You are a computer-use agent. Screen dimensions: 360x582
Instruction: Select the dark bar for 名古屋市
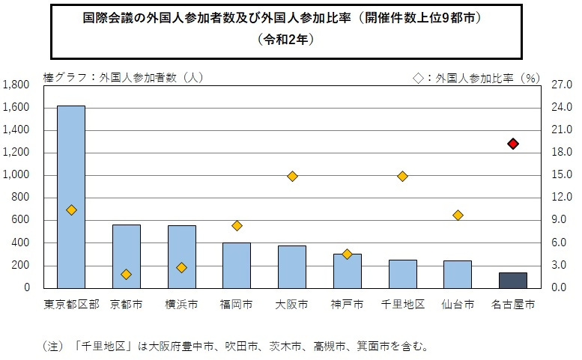(x=512, y=280)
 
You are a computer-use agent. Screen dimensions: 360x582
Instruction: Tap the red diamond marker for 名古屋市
(x=513, y=144)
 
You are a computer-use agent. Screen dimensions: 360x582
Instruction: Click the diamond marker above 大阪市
(x=292, y=176)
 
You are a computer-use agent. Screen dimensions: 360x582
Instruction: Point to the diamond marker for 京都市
(x=126, y=275)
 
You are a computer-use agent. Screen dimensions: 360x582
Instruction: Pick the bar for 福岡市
(x=237, y=265)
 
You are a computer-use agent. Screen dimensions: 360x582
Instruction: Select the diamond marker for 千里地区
(x=402, y=176)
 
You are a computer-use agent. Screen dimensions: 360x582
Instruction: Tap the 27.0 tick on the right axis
(x=561, y=85)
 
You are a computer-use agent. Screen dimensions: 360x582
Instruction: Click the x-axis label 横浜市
(x=181, y=305)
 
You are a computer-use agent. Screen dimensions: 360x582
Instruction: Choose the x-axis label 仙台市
(x=457, y=305)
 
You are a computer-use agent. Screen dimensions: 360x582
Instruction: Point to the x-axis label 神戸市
(x=347, y=305)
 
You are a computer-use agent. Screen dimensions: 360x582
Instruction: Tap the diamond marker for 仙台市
(x=458, y=216)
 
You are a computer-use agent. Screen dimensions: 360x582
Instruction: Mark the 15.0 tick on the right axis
(x=561, y=175)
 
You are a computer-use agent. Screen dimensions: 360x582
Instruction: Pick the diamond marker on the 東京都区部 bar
(x=71, y=210)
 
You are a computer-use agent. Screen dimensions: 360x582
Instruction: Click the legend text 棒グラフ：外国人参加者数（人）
(x=124, y=76)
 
